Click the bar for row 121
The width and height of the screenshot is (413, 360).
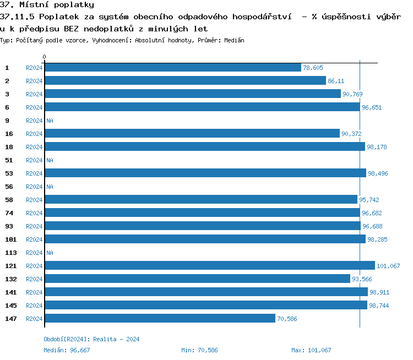[x=209, y=266]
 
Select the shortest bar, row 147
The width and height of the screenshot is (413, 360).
[x=160, y=319]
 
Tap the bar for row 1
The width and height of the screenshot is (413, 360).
[x=173, y=68]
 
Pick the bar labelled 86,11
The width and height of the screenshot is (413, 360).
[x=185, y=81]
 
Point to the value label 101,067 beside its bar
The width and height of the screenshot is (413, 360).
[x=389, y=266]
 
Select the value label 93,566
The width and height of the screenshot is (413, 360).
[x=362, y=279]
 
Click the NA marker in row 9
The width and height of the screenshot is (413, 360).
[x=50, y=121]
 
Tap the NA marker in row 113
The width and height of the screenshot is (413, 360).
[x=50, y=253]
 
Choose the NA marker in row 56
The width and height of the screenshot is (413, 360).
[x=50, y=187]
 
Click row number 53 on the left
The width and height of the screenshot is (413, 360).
[x=9, y=173]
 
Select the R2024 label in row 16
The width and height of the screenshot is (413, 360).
[x=34, y=134]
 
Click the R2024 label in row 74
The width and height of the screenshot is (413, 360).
[x=34, y=213]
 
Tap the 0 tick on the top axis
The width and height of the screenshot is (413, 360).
[x=45, y=57]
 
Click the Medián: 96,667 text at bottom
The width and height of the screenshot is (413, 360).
[x=67, y=350]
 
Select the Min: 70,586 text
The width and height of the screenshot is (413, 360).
[x=199, y=350]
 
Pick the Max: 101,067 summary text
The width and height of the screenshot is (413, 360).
[x=311, y=350]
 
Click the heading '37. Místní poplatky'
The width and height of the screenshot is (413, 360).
[x=47, y=5]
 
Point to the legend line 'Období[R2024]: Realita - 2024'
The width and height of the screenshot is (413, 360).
[x=91, y=339]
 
